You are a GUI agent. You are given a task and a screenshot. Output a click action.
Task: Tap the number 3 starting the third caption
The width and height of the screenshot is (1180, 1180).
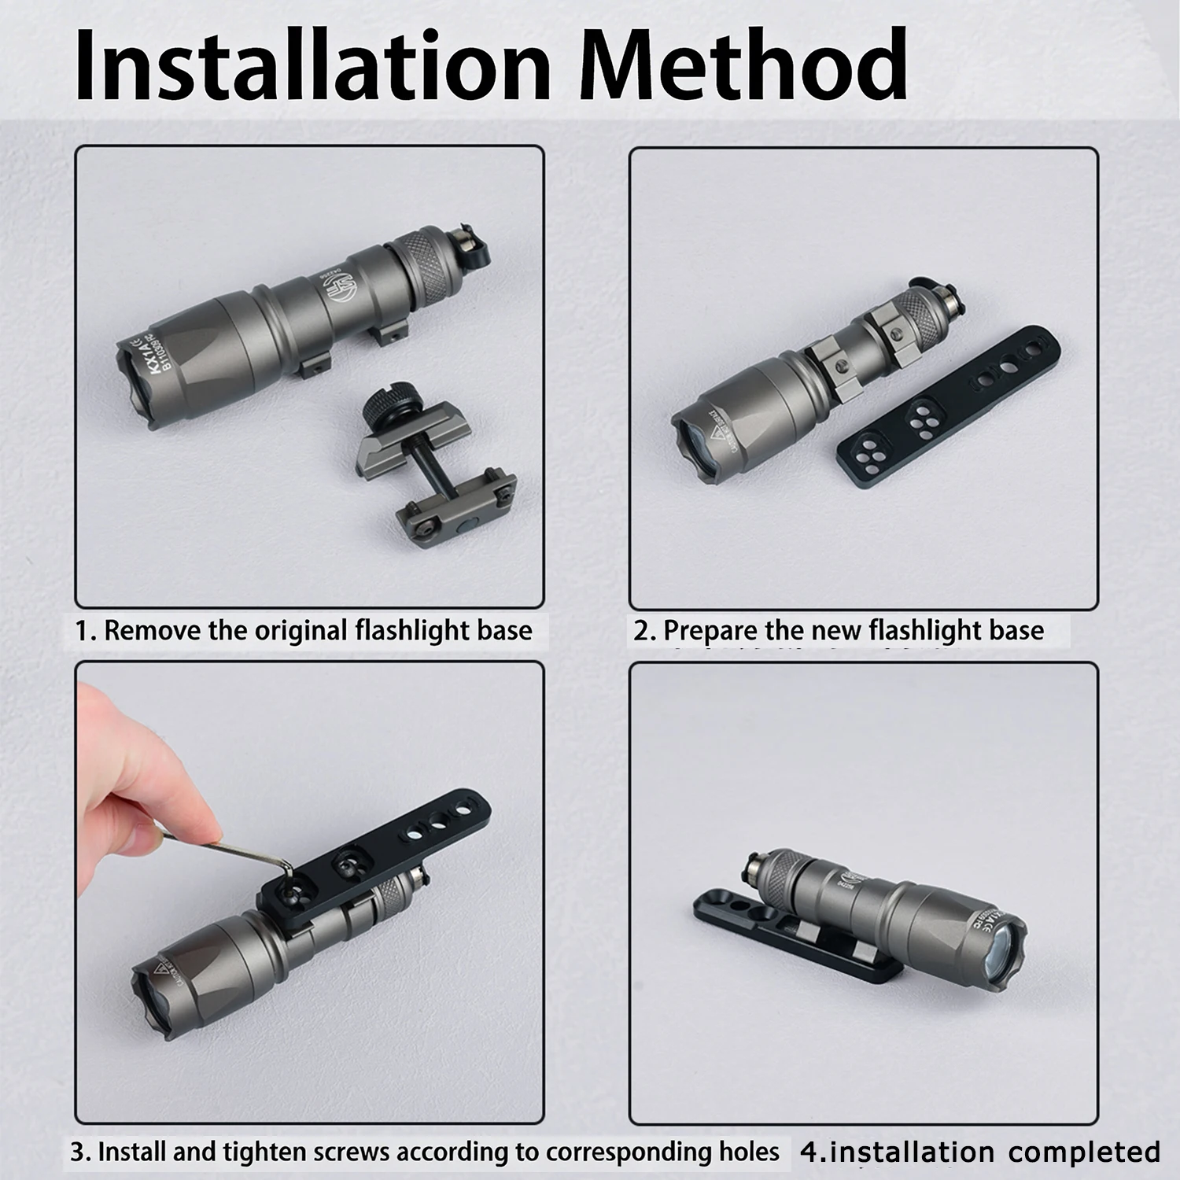point(76,1153)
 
